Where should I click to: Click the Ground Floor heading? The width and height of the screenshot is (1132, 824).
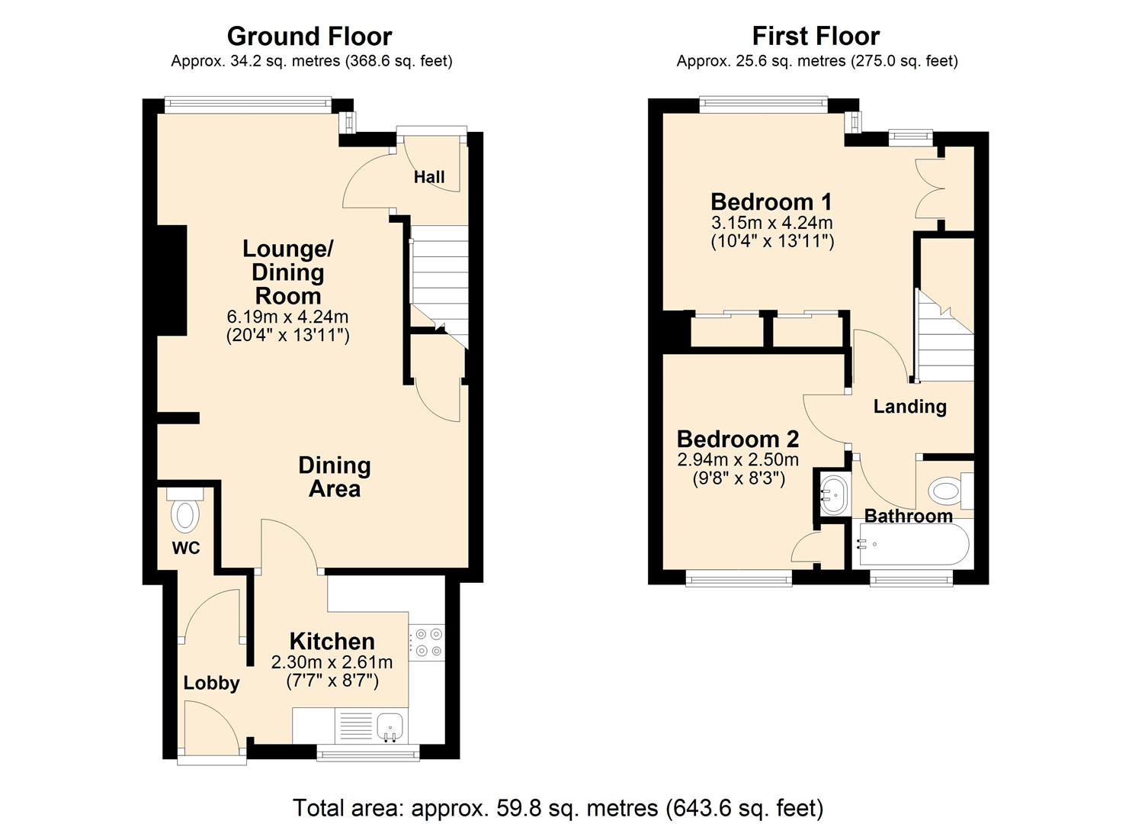(x=309, y=36)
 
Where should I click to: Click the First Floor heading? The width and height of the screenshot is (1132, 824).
(x=816, y=36)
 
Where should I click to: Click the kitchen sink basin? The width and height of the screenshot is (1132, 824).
(x=390, y=722)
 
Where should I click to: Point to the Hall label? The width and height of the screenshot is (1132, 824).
(x=429, y=177)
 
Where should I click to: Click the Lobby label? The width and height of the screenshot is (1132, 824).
(x=211, y=683)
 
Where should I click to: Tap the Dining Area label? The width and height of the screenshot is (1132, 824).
(x=334, y=477)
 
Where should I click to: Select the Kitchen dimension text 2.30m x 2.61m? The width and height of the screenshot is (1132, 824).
(x=332, y=662)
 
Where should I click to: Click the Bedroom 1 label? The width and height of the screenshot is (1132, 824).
(x=771, y=202)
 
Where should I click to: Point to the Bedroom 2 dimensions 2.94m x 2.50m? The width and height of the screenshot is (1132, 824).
(x=738, y=460)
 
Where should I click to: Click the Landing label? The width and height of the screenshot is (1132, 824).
(x=909, y=407)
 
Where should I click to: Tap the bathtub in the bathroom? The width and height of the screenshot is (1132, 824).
(x=913, y=545)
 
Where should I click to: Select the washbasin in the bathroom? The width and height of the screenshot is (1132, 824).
(x=834, y=496)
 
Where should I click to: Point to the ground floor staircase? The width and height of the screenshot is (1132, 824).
(x=439, y=282)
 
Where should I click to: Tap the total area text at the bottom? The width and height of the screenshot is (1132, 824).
(x=558, y=807)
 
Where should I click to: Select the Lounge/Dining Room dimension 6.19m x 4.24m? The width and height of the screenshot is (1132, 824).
(x=287, y=317)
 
